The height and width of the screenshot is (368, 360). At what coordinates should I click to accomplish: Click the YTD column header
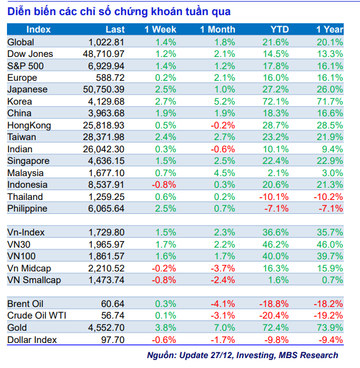(x=279, y=30)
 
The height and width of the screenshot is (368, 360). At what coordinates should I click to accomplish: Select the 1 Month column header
(x=218, y=30)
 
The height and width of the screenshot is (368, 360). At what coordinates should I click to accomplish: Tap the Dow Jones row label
(x=30, y=53)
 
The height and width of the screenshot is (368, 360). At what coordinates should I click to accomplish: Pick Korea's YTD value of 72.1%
(x=277, y=101)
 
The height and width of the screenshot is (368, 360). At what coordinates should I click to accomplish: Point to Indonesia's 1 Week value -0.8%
(x=164, y=184)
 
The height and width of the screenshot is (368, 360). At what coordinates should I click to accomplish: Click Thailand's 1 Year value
(x=329, y=196)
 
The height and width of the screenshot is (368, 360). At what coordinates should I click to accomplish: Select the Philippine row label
(x=28, y=208)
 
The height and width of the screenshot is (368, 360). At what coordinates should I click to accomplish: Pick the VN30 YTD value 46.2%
(x=277, y=244)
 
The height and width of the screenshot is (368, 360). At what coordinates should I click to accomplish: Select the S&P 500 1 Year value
(x=330, y=66)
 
